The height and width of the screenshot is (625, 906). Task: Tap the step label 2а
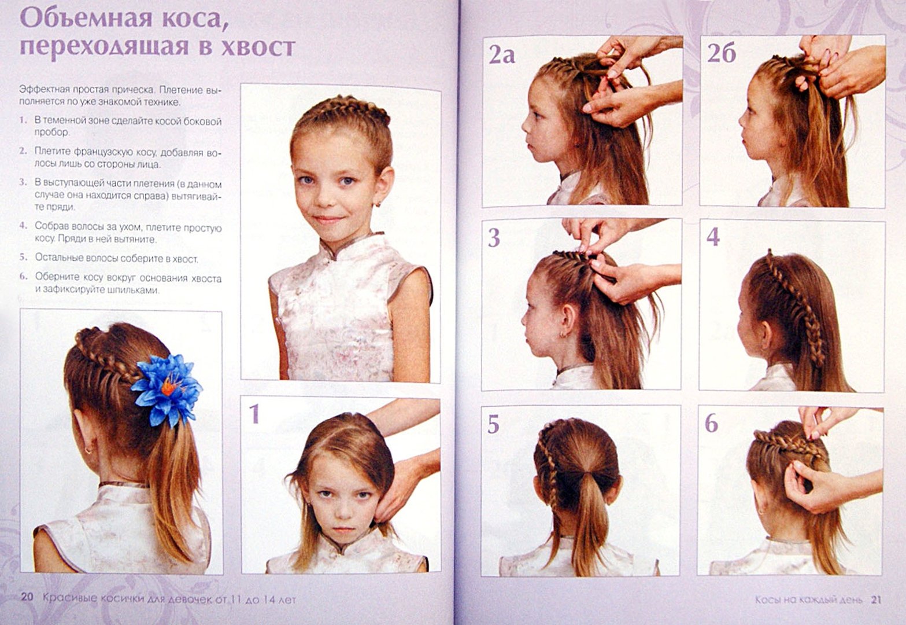(x=501, y=54)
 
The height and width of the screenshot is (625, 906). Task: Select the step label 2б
(x=721, y=53)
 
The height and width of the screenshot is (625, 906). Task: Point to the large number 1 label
(x=254, y=414)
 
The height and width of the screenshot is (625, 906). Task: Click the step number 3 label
(x=494, y=238)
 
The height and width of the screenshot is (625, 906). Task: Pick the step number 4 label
(x=713, y=236)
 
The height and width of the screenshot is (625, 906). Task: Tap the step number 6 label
(x=712, y=423)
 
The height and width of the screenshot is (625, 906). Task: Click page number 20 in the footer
(x=27, y=598)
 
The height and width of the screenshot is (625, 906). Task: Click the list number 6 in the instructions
(x=23, y=277)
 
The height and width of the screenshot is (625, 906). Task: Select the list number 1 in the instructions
(x=23, y=120)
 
